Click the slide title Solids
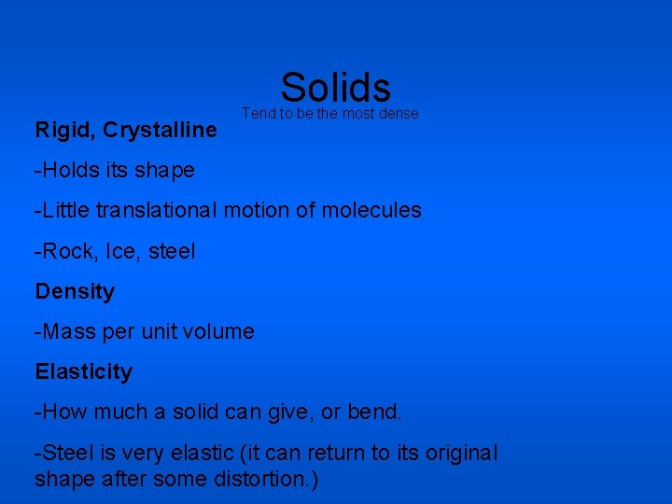[x=335, y=88]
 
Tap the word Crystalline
[x=161, y=131]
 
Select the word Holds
[x=68, y=171]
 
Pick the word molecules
[x=371, y=211]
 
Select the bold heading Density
[x=75, y=292]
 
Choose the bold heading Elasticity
[x=84, y=372]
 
